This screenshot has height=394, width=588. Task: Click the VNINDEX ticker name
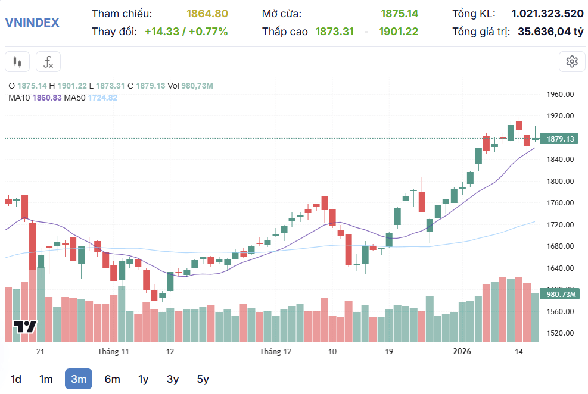coord(32,23)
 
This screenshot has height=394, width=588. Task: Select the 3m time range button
coord(79,379)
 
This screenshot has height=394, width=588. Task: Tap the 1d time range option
coord(15,379)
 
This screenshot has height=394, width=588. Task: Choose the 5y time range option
coord(203,379)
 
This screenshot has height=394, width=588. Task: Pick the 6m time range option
coord(113,379)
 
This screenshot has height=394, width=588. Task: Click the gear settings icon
coord(572,61)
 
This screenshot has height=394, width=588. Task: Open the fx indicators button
coord(48,61)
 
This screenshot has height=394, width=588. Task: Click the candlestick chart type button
coord(17,61)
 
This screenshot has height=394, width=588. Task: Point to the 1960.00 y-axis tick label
coord(560,95)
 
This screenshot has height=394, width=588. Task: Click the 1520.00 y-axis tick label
coord(560,333)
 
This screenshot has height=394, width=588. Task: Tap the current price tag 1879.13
coord(559,139)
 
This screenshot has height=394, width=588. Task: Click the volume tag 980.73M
coord(559,294)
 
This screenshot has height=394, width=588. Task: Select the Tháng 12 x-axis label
coord(276,351)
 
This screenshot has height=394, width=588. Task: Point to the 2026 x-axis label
coord(462,351)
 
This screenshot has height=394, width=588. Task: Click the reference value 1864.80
coord(207,14)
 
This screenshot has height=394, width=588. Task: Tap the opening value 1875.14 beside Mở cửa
coord(399,14)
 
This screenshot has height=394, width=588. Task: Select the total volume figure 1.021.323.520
coord(547,14)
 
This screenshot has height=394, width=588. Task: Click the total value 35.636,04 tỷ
coord(550,32)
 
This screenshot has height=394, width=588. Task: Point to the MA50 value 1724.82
coord(102,98)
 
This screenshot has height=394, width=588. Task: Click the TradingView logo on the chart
coord(25,327)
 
